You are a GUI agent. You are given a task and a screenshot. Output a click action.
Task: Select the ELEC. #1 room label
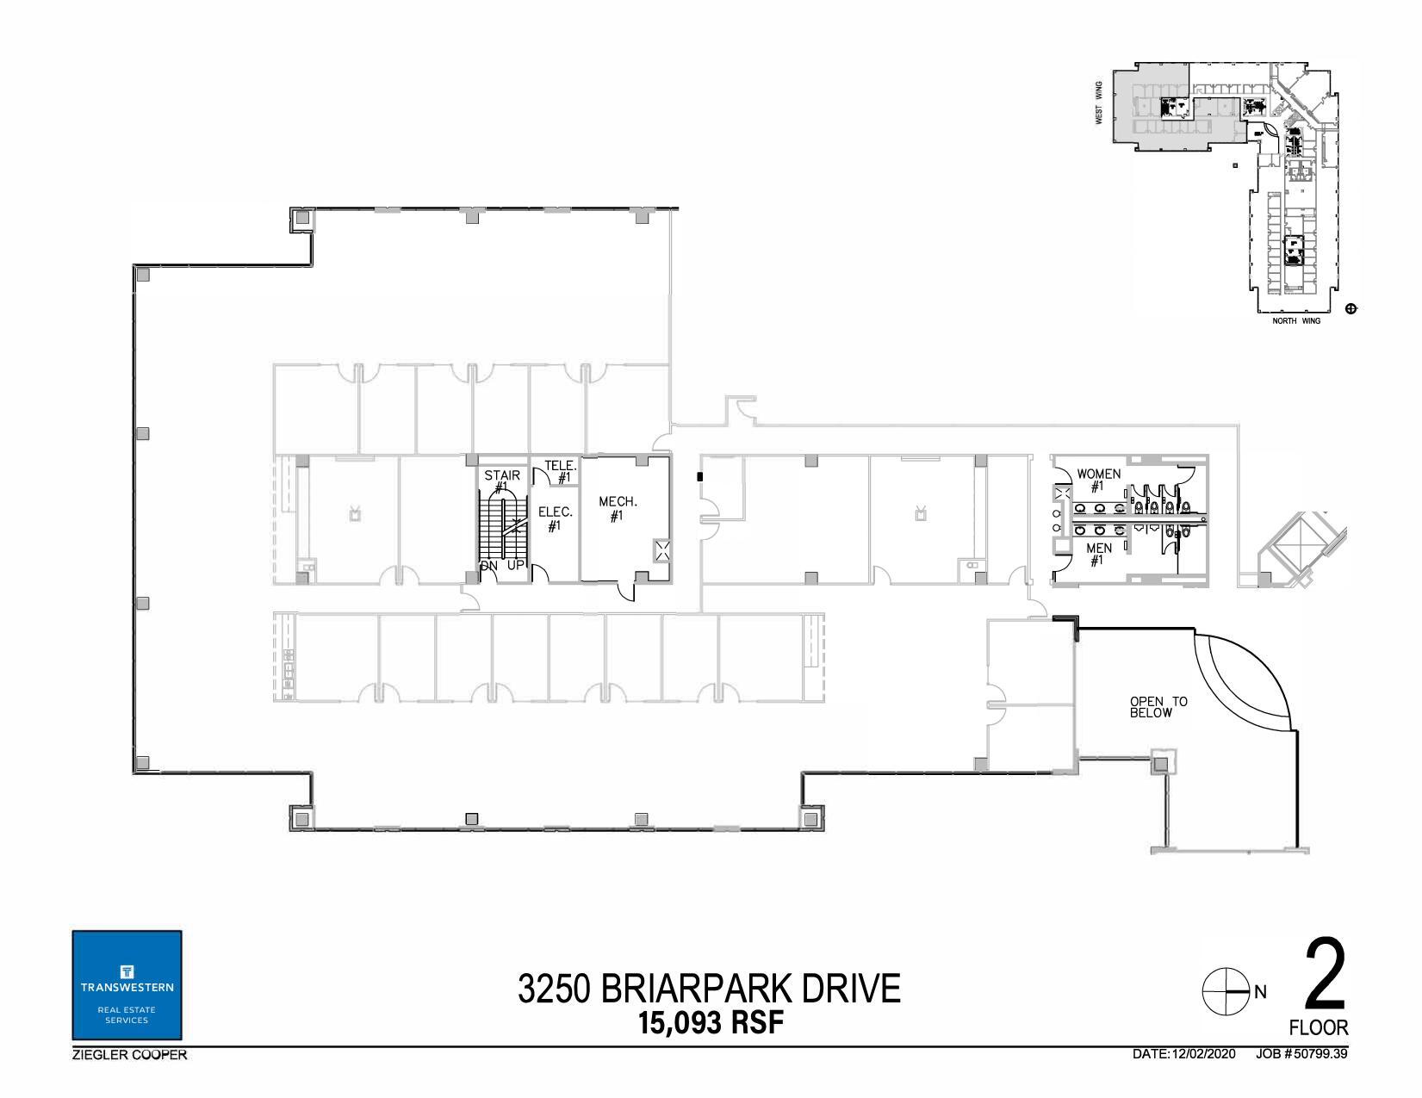555,518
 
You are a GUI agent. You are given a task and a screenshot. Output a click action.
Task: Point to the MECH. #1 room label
618,508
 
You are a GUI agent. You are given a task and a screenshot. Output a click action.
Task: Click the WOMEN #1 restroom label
1098,480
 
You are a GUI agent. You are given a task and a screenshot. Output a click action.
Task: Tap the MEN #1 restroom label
1098,554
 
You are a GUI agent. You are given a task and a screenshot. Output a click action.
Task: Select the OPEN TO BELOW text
1158,707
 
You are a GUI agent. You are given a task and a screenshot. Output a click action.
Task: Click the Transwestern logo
127,985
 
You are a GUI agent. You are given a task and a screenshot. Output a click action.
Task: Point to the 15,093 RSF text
711,1023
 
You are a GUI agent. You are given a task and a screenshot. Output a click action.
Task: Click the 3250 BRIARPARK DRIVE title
709,989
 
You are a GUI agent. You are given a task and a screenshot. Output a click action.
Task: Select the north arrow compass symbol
1225,991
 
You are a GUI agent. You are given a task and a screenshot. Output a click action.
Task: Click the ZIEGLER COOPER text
129,1055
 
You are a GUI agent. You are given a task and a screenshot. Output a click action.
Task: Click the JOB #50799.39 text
1301,1054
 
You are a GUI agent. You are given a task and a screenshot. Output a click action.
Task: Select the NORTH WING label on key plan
1296,321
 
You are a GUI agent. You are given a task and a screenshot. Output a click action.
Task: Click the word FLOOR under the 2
1319,1027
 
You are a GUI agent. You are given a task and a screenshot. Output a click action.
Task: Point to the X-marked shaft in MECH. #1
662,551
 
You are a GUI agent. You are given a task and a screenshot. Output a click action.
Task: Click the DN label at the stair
489,566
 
